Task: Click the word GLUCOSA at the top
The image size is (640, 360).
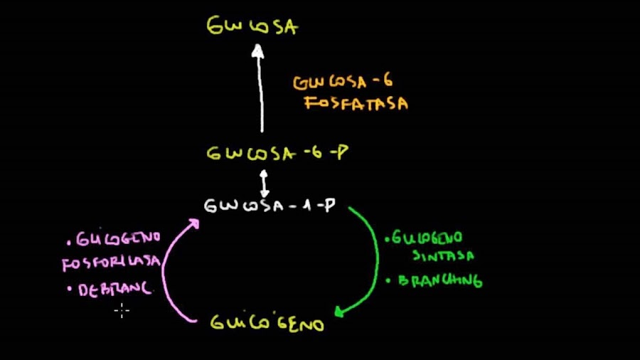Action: tap(252, 28)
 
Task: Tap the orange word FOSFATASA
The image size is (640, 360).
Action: tap(356, 103)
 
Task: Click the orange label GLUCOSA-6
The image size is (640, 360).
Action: tap(343, 82)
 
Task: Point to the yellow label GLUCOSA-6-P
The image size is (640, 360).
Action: tap(277, 153)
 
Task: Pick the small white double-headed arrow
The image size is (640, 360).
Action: tap(265, 183)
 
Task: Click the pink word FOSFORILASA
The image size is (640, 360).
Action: tap(112, 263)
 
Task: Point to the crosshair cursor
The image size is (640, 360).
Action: tap(122, 309)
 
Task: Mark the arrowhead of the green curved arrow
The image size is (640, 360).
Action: tap(339, 311)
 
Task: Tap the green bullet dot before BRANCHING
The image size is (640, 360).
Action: tap(388, 280)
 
